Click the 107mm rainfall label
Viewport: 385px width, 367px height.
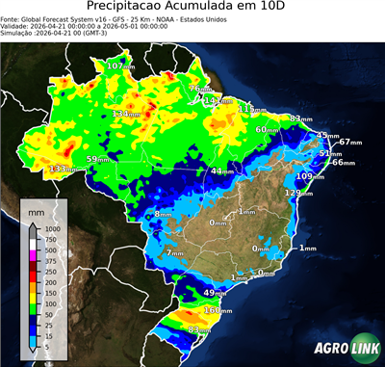(119, 66)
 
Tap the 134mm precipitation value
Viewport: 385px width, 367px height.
(126, 114)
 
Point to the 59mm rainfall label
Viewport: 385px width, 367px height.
(99, 159)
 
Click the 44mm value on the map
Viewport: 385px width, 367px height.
(223, 170)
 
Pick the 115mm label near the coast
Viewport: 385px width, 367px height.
(253, 109)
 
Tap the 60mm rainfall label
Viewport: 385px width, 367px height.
(269, 129)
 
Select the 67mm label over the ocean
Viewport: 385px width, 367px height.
(349, 142)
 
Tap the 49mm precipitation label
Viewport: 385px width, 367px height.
(216, 292)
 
